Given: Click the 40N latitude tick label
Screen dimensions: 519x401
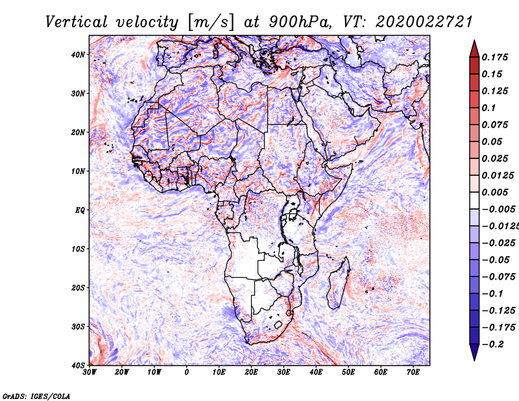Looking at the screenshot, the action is point(78,55).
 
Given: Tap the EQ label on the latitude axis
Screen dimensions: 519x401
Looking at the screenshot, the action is point(80,210).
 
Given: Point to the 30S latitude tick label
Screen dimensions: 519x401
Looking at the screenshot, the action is point(78,326).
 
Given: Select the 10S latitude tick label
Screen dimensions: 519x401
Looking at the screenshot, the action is point(78,249).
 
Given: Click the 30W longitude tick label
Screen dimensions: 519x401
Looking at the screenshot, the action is point(90,372).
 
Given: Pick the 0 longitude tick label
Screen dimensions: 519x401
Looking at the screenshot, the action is point(187,372).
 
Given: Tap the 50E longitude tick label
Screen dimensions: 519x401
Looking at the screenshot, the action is point(348,372).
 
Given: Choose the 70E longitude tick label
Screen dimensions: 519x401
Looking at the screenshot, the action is point(413,372).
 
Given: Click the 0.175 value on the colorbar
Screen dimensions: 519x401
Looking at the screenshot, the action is point(494,57).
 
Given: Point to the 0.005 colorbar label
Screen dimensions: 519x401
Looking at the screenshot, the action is point(494,192).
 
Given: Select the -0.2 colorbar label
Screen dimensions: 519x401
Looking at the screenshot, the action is point(492,345).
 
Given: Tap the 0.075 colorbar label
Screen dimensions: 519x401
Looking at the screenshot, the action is point(494,125).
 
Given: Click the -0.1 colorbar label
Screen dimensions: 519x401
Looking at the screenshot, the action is point(492,294).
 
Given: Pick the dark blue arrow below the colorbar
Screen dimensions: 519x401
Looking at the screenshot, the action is point(474,352).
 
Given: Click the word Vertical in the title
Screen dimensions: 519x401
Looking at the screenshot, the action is point(76,22).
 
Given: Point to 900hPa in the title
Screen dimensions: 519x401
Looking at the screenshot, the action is point(299,22).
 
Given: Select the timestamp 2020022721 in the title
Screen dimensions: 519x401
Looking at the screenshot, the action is point(424,22).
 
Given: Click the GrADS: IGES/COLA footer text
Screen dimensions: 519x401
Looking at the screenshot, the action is point(36,396).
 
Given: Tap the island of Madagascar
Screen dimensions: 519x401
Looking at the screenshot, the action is point(338,285).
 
